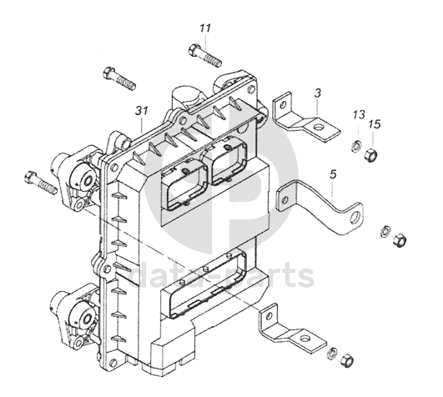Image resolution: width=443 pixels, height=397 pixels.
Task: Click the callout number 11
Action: tap(205, 28)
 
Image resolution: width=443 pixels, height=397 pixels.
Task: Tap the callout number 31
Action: tap(142, 110)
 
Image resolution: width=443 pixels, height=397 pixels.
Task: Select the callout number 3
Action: tap(318, 93)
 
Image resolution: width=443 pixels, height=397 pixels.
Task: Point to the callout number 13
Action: tap(359, 115)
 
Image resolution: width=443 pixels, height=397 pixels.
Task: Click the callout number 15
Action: tap(375, 124)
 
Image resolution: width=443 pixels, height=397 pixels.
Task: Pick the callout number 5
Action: tap(334, 174)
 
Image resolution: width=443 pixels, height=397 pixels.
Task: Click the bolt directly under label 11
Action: tap(205, 56)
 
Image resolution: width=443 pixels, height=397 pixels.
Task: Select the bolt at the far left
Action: tap(41, 183)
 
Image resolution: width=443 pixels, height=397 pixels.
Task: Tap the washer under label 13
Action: tap(357, 146)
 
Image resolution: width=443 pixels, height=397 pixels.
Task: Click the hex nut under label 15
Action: tap(370, 155)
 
